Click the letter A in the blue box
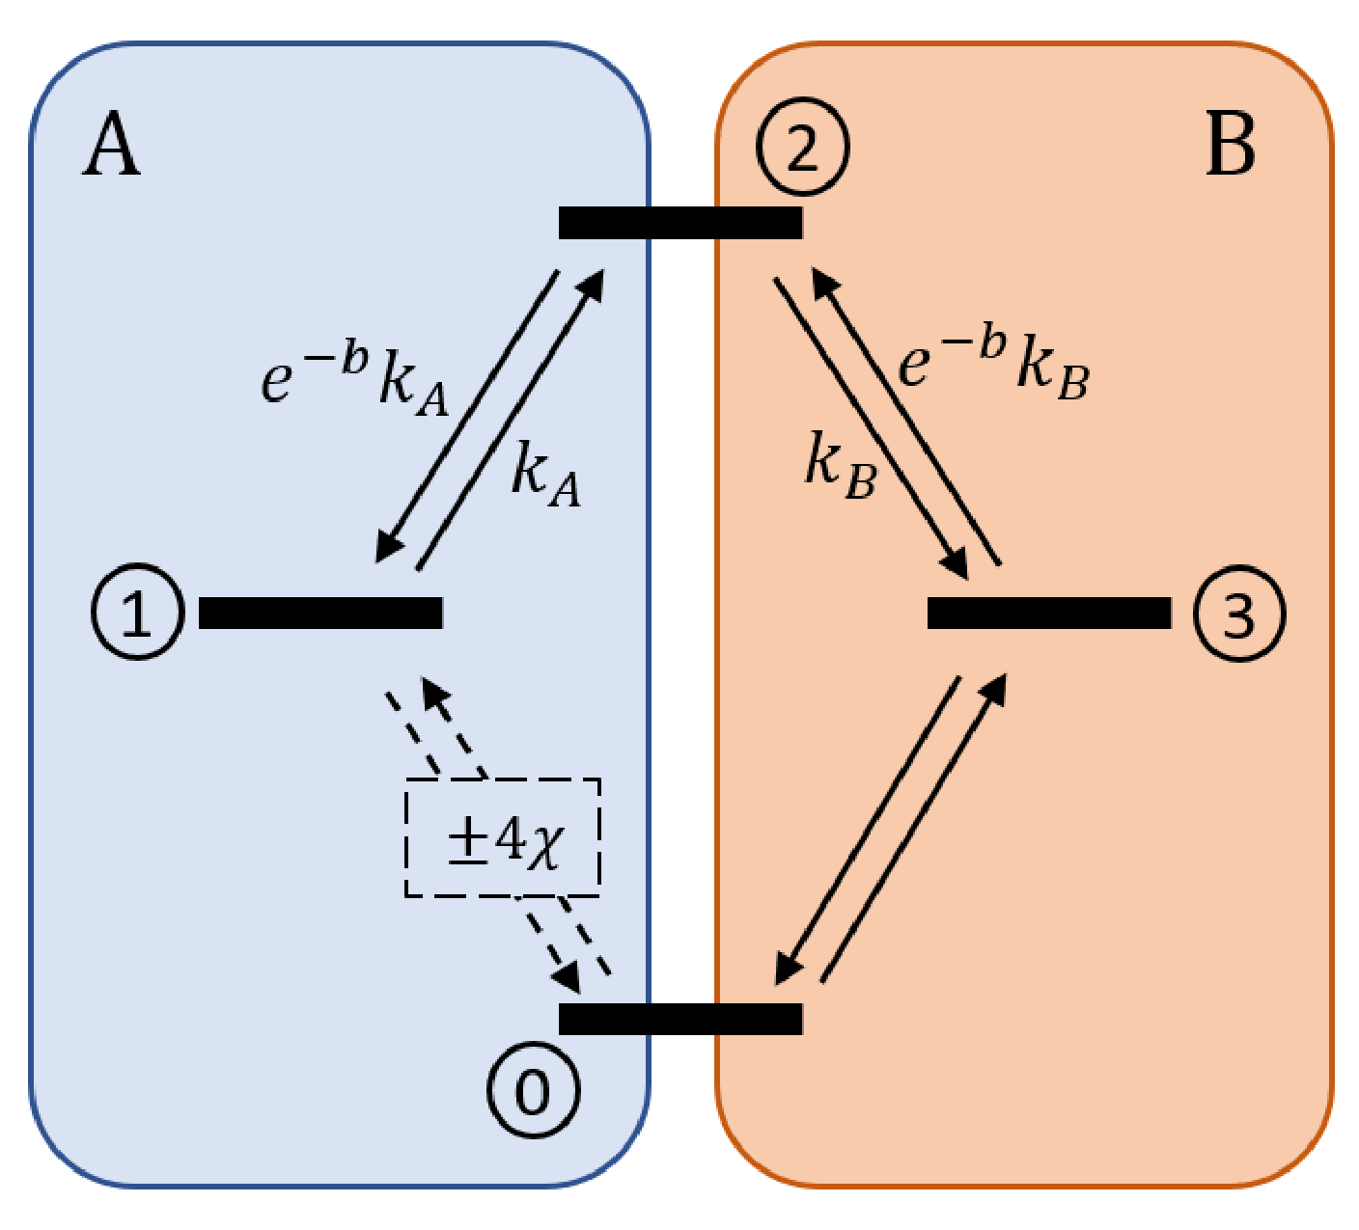[112, 147]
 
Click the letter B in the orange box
[1231, 147]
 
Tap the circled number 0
[533, 1091]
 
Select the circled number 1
[137, 613]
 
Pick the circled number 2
[802, 148]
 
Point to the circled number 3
[1239, 614]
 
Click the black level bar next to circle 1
[320, 613]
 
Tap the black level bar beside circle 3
[1049, 613]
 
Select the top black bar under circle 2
[680, 223]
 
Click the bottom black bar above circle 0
[680, 1019]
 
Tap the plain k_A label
[545, 473]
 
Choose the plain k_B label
[840, 465]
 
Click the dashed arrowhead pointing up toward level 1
[434, 692]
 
